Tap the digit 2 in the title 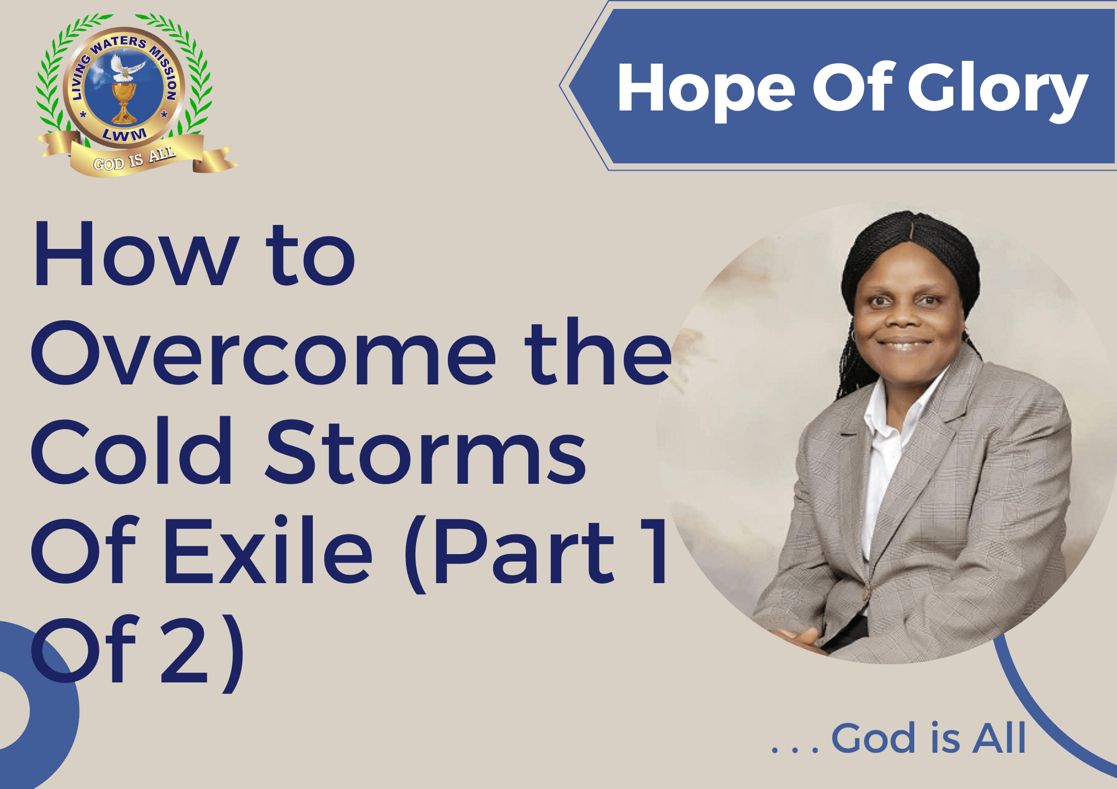point(184,650)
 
